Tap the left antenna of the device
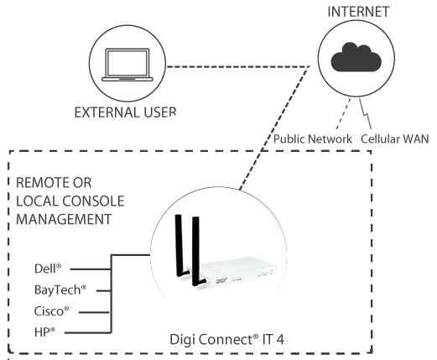[180, 248]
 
